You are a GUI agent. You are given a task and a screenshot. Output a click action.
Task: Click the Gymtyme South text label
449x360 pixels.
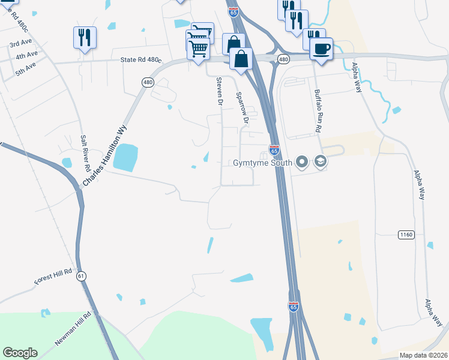262,163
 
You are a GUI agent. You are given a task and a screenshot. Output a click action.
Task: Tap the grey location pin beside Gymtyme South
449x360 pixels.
302,162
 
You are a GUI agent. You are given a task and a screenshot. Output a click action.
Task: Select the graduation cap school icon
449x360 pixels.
320,162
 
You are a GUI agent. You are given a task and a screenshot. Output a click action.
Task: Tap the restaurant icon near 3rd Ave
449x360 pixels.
84,37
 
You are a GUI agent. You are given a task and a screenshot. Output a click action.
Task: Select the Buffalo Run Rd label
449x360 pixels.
319,111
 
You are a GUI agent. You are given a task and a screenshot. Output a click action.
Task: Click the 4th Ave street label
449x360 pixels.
27,55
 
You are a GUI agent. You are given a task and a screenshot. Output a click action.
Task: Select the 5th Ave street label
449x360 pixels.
26,70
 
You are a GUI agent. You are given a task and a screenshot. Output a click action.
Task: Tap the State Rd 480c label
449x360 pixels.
141,60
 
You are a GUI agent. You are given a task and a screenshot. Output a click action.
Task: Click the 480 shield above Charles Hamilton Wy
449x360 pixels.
146,82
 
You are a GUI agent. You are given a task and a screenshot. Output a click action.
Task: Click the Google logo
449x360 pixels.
20,353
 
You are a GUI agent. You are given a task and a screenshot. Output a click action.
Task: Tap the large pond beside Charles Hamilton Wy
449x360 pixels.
125,157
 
